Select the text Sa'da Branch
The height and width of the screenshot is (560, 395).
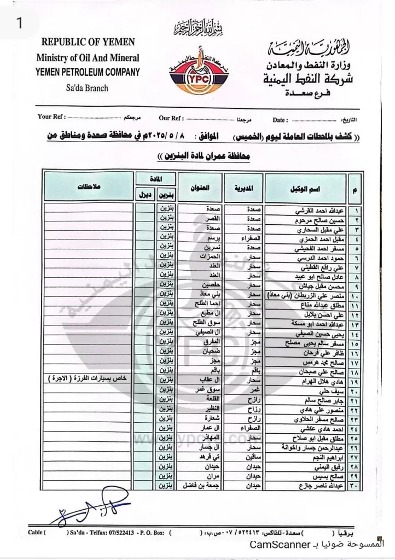(88, 87)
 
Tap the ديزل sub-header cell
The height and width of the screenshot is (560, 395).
(144, 194)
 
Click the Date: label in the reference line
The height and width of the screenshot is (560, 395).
(279, 119)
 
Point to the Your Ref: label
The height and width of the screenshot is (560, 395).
(51, 117)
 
